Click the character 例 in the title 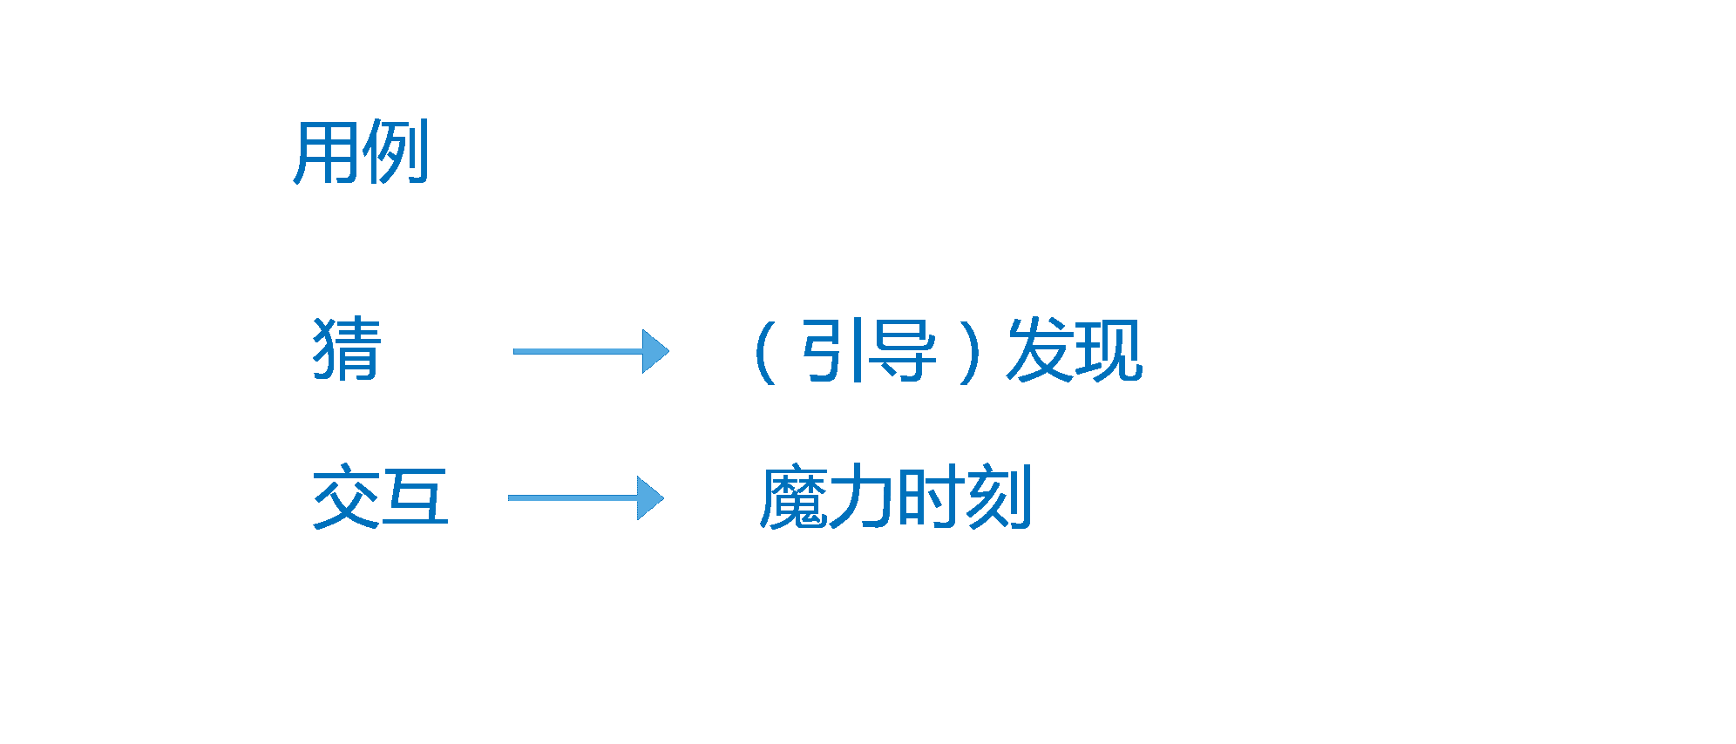click(x=395, y=152)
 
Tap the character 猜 click(x=347, y=349)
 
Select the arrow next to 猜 click(x=590, y=351)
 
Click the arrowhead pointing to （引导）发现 click(x=655, y=351)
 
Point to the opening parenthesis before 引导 click(x=766, y=352)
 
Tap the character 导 click(x=903, y=350)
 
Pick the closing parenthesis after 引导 click(x=968, y=352)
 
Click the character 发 click(x=1040, y=350)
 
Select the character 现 click(x=1109, y=350)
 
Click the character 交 click(x=347, y=497)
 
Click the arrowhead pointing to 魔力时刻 click(x=650, y=497)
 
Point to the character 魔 click(x=794, y=497)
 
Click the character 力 click(x=861, y=497)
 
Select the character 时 click(x=930, y=497)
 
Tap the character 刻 click(x=999, y=497)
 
